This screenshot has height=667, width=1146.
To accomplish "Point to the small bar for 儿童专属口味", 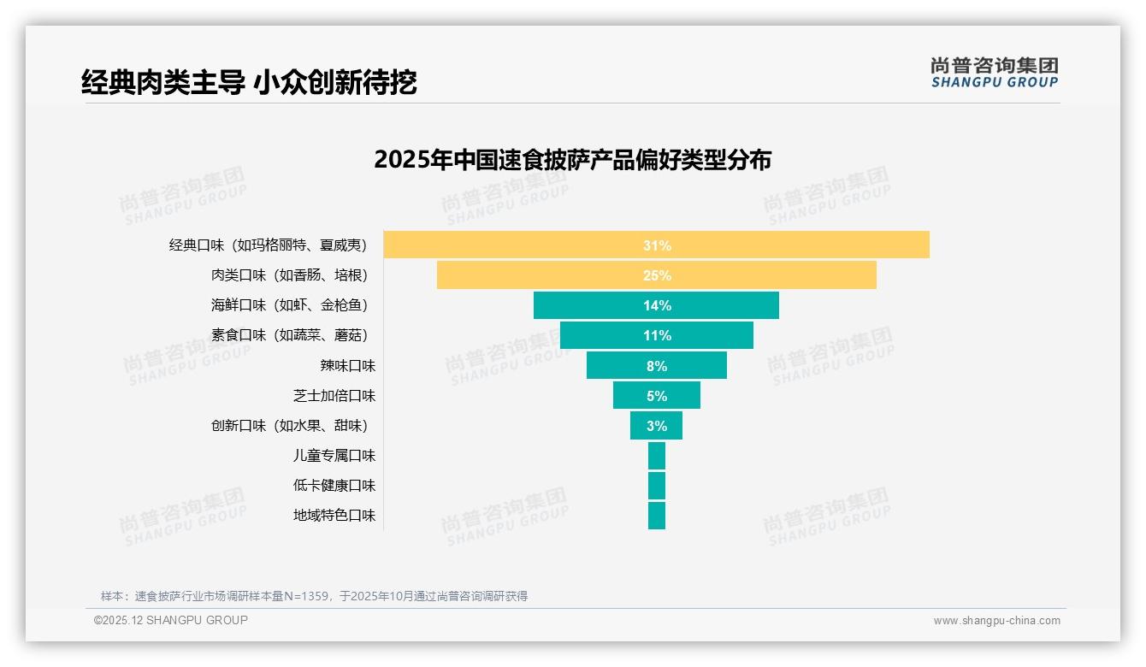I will (x=656, y=456).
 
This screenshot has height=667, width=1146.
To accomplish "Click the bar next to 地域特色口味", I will (x=656, y=516).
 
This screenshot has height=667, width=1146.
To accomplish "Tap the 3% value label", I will (x=657, y=426).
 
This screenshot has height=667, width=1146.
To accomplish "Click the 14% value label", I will (x=657, y=305).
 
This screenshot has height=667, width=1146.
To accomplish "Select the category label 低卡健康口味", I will (x=334, y=486).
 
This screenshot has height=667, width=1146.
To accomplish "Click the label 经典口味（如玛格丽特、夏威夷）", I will (x=268, y=245).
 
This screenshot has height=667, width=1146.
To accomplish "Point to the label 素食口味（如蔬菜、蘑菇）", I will (x=289, y=335).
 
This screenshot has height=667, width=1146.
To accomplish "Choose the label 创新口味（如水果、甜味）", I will (x=289, y=426).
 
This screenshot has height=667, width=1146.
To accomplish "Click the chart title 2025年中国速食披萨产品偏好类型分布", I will (x=572, y=160).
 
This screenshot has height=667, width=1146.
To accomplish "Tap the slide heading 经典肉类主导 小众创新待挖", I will (x=249, y=83).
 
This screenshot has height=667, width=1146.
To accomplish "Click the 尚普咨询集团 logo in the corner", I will (x=994, y=73).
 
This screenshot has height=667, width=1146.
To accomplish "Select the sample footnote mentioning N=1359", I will (x=314, y=596).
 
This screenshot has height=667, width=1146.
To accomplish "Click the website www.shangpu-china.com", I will (x=996, y=621).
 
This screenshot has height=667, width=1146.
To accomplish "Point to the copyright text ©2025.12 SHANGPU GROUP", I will (x=171, y=620).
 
